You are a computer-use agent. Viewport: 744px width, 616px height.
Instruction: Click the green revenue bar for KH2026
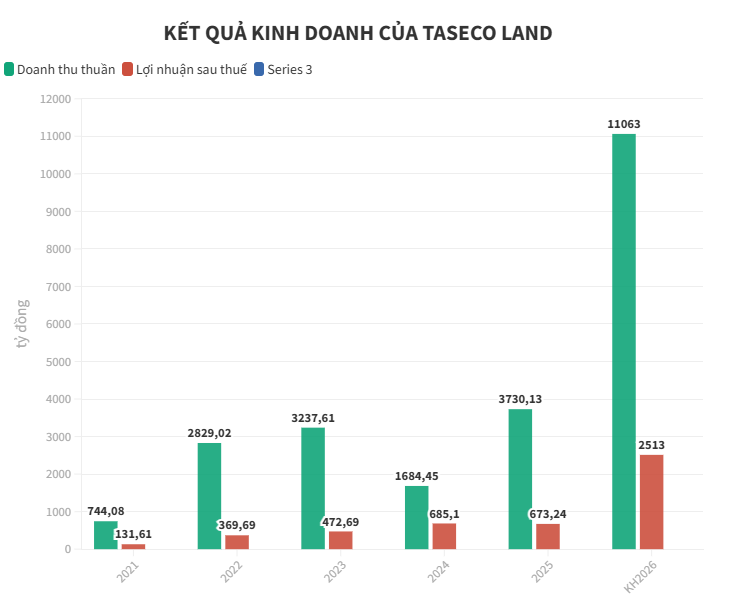coord(623,341)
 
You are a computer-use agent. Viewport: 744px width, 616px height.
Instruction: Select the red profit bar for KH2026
coord(651,502)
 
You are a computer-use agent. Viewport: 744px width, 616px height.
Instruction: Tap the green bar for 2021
coord(105,535)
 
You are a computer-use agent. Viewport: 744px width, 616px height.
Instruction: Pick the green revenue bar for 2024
coord(416,517)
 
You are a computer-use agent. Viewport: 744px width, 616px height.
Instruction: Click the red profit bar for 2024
coord(444,536)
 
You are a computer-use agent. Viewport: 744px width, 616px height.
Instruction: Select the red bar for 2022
coord(237,542)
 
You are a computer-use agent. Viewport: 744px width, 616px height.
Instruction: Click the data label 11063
coord(624,124)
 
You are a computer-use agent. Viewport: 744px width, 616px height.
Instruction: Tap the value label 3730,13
coord(520,399)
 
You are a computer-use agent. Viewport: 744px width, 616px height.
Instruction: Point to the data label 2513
coord(651,445)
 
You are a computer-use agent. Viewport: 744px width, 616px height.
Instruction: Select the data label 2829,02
coord(209,433)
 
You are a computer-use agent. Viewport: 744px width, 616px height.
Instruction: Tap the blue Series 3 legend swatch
coord(259,69)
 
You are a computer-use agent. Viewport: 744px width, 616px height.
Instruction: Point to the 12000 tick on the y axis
coord(55,99)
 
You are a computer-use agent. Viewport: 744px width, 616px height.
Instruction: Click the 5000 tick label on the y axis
coord(58,362)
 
